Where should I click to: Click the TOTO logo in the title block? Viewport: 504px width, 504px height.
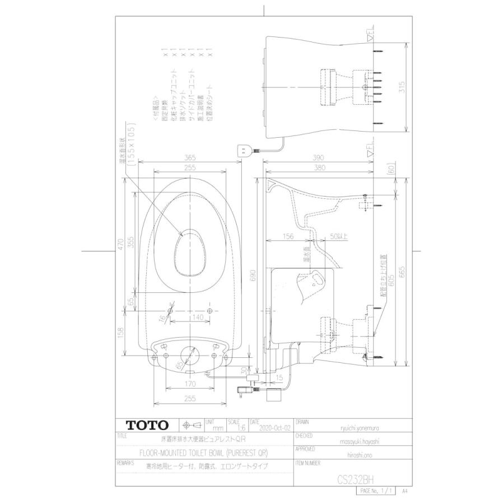[146, 425]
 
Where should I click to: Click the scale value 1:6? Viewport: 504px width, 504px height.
[235, 427]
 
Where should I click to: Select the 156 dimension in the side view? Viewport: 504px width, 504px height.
[289, 237]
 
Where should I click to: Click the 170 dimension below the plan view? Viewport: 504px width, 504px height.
[190, 385]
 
